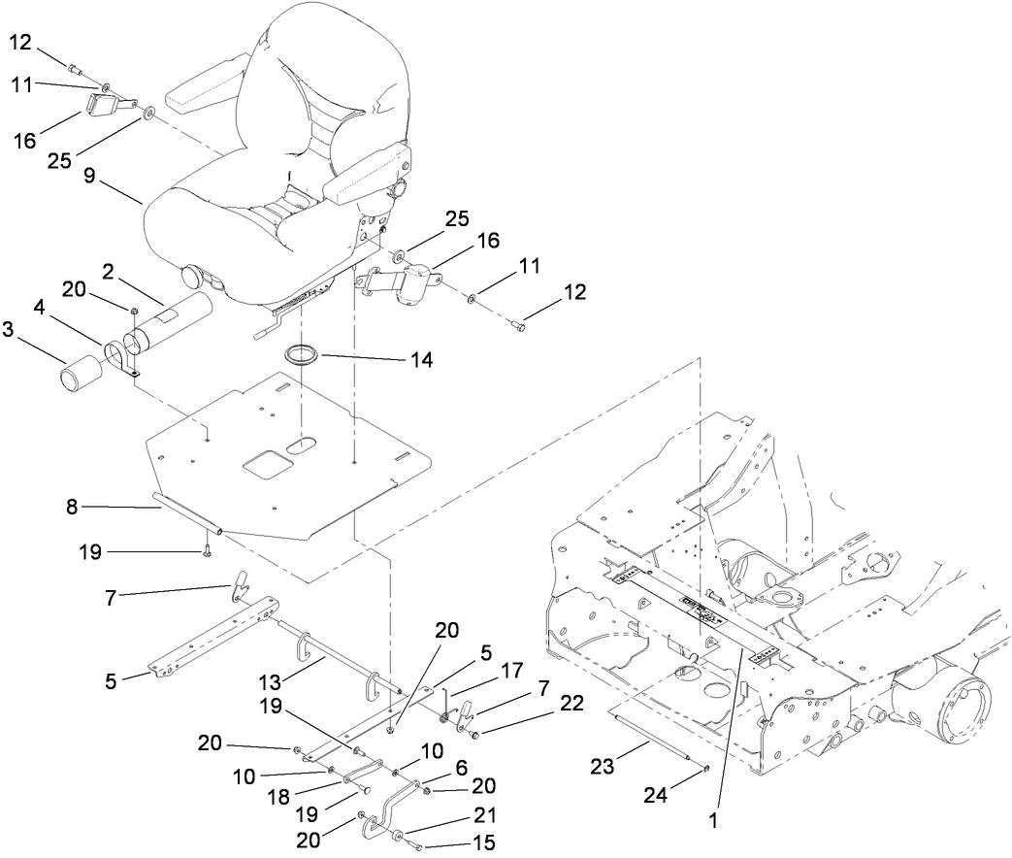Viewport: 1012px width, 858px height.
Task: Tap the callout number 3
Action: pos(10,330)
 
